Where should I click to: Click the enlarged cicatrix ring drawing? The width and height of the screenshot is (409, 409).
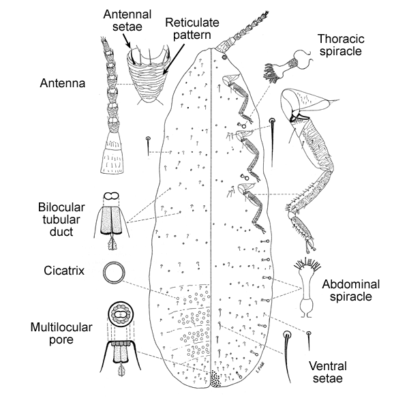(x=114, y=273)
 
